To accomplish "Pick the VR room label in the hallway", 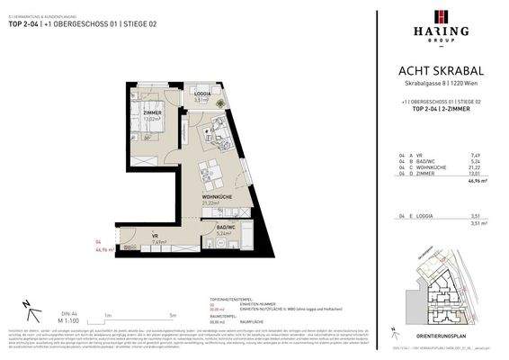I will pyautogui.click(x=156, y=236).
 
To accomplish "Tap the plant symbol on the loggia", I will pyautogui.click(x=229, y=98).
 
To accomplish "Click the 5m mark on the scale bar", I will pyautogui.click(x=172, y=315).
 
